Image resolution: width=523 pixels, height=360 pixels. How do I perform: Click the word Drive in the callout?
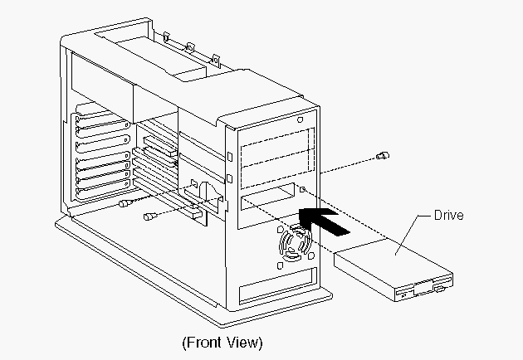tap(447, 216)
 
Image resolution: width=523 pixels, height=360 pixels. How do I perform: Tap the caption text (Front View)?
tap(222, 341)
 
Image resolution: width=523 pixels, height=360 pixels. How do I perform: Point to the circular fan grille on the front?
tap(296, 245)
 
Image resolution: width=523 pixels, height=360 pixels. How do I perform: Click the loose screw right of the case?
tap(382, 155)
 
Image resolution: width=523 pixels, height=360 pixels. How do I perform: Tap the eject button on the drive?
tap(406, 293)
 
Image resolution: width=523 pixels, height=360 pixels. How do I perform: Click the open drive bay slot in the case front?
tap(267, 202)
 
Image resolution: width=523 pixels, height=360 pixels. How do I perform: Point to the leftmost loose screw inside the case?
tap(125, 203)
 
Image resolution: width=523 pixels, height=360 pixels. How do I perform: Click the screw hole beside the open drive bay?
tap(304, 192)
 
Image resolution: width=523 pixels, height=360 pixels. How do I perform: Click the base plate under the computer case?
tap(166, 265)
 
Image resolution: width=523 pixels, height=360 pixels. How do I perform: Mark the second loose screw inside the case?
tap(150, 216)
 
